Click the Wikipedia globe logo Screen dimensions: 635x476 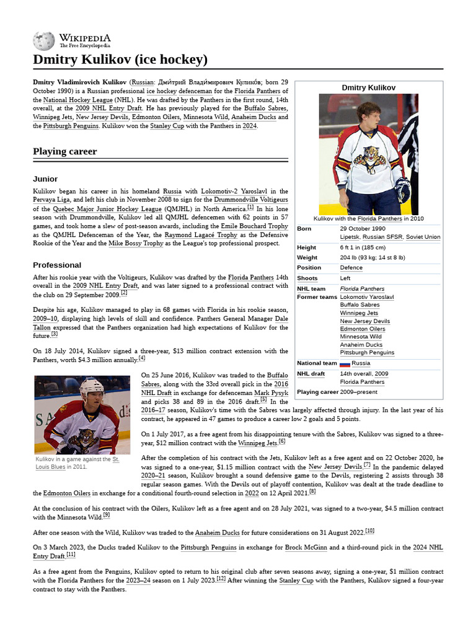43,41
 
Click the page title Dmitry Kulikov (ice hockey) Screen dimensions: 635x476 120,60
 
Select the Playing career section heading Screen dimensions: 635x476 64,151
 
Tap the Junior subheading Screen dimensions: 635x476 45,179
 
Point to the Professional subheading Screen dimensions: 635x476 57,265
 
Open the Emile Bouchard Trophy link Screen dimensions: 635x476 254,226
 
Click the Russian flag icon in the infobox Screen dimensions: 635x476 345,363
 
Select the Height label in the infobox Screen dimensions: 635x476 306,247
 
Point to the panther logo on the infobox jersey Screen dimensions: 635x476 370,158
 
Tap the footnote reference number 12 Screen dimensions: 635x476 221,577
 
